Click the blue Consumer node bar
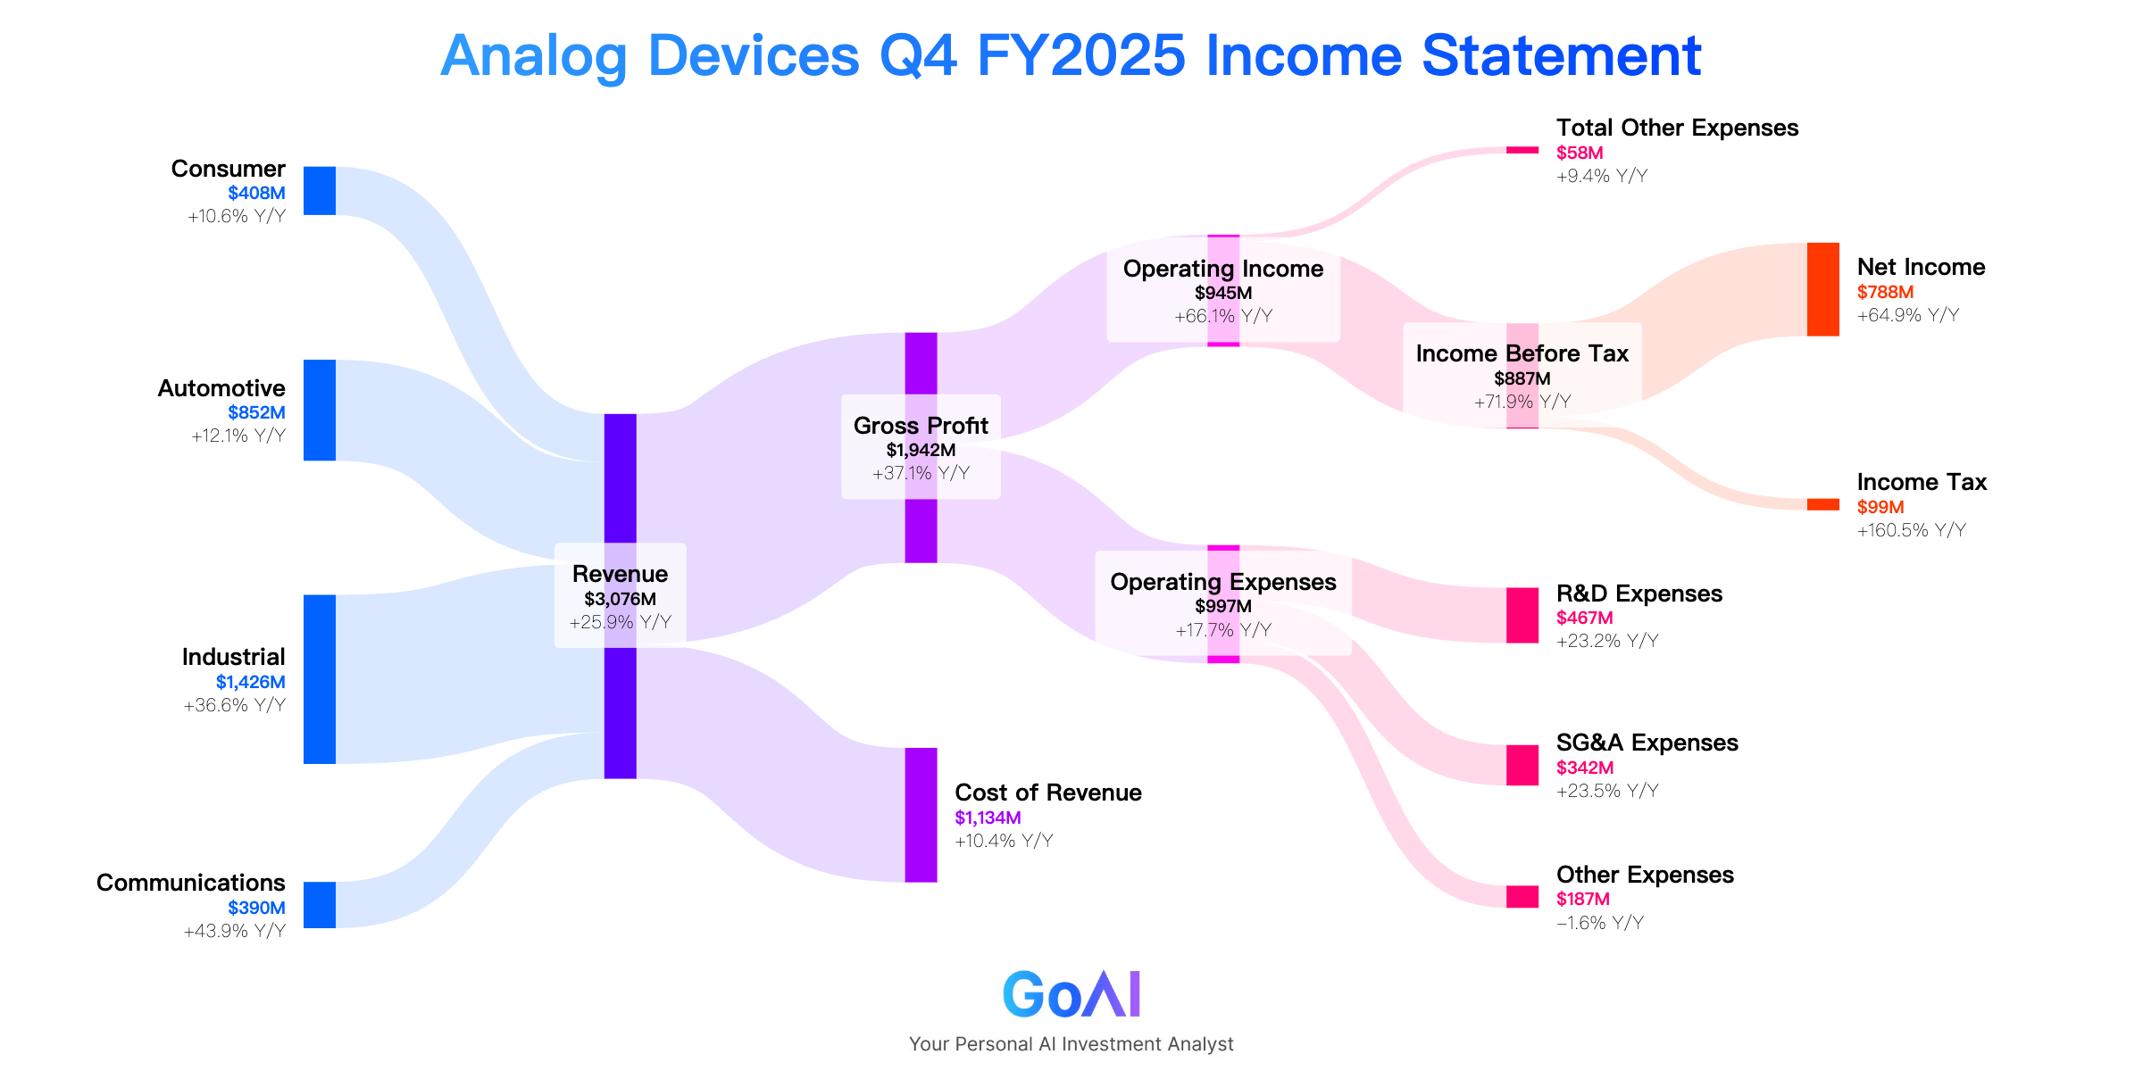tap(320, 191)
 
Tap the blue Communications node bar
tap(320, 905)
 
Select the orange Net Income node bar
tap(1823, 289)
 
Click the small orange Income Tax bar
tap(1823, 504)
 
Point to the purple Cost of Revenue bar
tap(921, 815)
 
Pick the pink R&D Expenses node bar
tap(1522, 615)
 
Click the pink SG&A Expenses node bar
tap(1522, 765)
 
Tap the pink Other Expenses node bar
tap(1522, 897)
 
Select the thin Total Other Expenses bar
tap(1522, 150)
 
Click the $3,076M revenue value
tap(621, 599)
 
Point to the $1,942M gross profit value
tap(921, 450)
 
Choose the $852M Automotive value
tap(256, 412)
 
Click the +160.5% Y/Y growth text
tap(1912, 530)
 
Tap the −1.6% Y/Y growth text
tap(1600, 923)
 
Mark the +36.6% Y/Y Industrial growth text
tap(235, 705)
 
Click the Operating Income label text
tap(1223, 269)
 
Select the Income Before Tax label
tap(1522, 353)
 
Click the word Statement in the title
tap(1562, 55)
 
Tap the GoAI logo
tap(1071, 994)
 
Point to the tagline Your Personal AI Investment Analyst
tap(1071, 1044)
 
